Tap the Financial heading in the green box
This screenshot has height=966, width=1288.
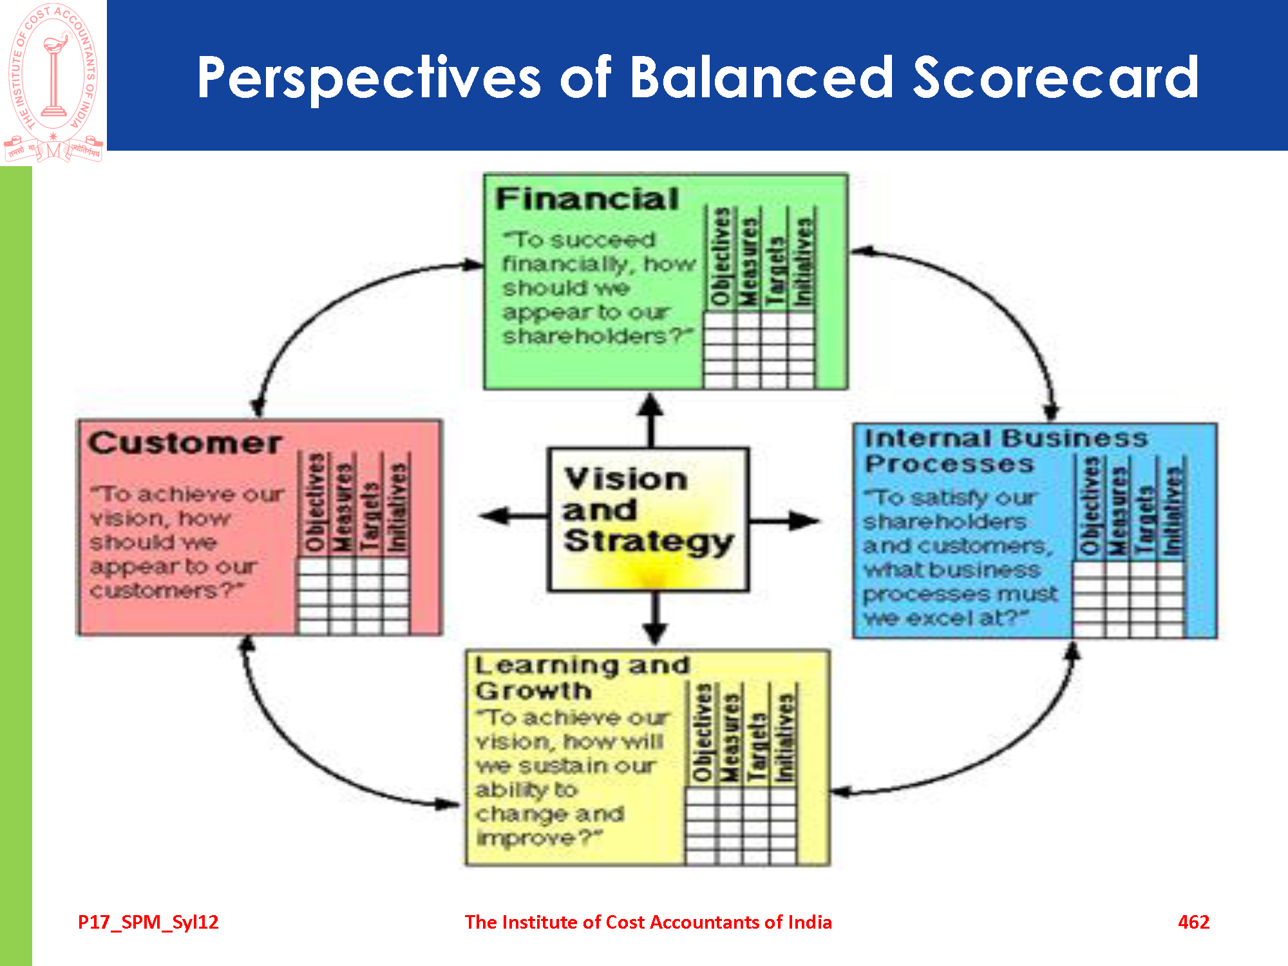(x=587, y=199)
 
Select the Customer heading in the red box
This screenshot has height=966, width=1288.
(x=185, y=443)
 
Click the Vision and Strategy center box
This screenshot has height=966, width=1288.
(x=648, y=518)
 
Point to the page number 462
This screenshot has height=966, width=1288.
(x=1193, y=922)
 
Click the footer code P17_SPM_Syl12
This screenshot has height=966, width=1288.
(x=148, y=922)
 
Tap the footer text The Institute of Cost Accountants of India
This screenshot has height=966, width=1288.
(x=648, y=922)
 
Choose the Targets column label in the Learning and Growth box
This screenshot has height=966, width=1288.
(x=757, y=746)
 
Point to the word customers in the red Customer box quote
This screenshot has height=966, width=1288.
(x=155, y=591)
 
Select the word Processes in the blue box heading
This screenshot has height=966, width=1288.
(x=949, y=464)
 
